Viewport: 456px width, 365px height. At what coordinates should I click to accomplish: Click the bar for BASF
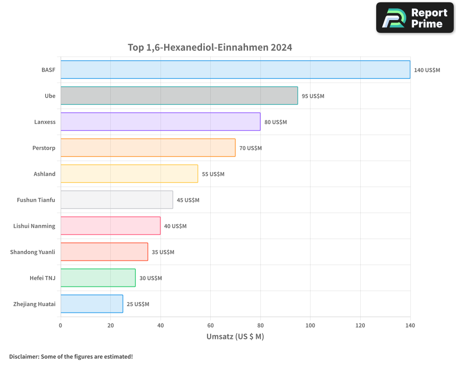click(235, 70)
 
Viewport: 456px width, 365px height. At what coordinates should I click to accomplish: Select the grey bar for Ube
click(179, 96)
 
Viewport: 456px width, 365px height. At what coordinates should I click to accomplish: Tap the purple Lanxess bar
click(161, 122)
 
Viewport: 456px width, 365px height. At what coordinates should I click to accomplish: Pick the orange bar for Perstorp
click(148, 148)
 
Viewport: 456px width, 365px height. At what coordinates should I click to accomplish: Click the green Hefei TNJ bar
click(98, 278)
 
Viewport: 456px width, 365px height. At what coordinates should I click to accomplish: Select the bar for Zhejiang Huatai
click(92, 304)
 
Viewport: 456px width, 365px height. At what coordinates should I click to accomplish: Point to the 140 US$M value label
click(427, 70)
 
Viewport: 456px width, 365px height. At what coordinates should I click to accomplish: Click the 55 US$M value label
click(213, 174)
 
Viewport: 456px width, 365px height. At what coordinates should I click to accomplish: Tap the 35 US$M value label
click(163, 252)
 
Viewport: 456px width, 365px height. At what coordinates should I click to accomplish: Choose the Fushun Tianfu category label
click(36, 200)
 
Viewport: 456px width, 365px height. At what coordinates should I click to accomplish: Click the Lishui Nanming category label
click(34, 226)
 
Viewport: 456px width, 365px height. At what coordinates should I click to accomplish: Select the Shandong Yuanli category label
click(33, 252)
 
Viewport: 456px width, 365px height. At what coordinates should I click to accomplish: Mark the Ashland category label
click(45, 174)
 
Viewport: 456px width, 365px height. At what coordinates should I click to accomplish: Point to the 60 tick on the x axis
click(210, 325)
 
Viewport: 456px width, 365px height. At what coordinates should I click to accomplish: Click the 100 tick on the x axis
click(310, 325)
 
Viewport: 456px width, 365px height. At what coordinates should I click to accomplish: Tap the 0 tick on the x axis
click(61, 325)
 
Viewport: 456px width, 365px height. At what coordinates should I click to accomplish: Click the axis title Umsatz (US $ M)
click(235, 337)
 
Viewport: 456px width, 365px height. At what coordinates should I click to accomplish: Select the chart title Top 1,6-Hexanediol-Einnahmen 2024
click(210, 47)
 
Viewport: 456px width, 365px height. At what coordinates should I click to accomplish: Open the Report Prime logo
click(415, 18)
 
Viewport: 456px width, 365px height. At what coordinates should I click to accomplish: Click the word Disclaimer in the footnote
click(24, 356)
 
